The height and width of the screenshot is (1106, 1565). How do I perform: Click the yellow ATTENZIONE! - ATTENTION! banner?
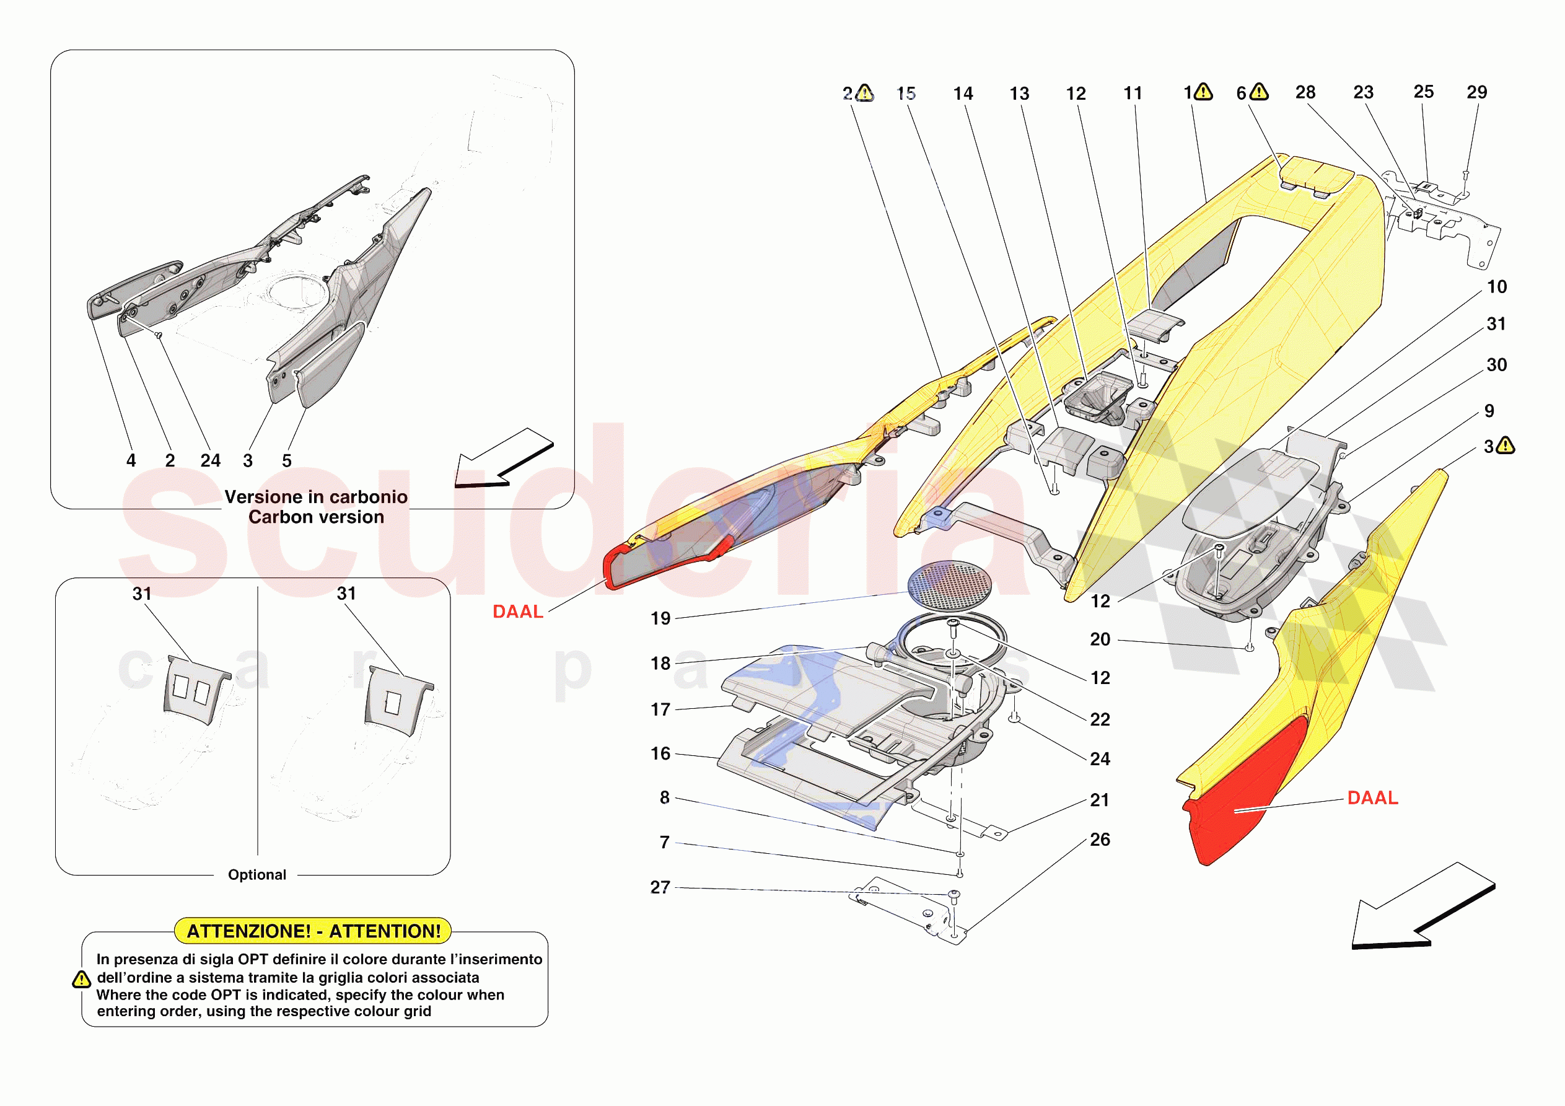click(x=313, y=931)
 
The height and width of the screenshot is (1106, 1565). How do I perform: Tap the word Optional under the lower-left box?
click(x=257, y=875)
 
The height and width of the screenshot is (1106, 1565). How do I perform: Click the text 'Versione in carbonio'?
click(x=316, y=497)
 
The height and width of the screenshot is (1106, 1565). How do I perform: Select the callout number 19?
click(x=660, y=618)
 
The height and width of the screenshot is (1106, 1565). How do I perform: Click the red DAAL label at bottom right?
click(x=1372, y=798)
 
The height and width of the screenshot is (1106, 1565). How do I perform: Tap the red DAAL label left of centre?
click(x=518, y=612)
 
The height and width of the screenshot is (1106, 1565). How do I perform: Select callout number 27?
click(x=660, y=887)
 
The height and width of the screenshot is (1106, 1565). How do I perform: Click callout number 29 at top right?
click(x=1476, y=92)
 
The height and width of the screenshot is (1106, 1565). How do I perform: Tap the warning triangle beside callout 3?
click(x=1506, y=446)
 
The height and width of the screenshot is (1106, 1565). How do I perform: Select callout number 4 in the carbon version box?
click(x=131, y=461)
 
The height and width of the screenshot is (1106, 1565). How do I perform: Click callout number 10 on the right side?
click(x=1497, y=287)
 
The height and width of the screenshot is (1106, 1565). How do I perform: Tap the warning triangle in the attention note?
click(x=81, y=980)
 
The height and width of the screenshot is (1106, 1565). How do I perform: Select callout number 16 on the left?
click(x=660, y=753)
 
